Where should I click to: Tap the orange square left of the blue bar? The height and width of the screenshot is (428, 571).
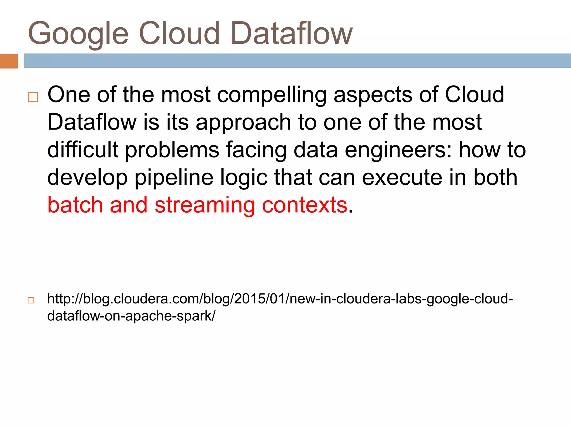(9, 61)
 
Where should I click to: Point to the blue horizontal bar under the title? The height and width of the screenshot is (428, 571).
(297, 60)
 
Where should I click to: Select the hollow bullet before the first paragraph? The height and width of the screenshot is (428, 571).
(33, 97)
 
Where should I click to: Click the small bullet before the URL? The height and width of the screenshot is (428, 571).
(31, 300)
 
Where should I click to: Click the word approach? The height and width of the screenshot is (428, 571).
(243, 123)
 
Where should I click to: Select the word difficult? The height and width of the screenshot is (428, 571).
(83, 150)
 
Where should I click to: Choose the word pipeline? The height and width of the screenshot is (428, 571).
(174, 178)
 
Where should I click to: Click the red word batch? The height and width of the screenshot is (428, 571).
(75, 205)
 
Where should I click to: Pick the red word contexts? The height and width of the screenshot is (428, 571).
(304, 205)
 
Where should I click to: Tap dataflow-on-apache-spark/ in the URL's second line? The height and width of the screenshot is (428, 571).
(131, 316)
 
